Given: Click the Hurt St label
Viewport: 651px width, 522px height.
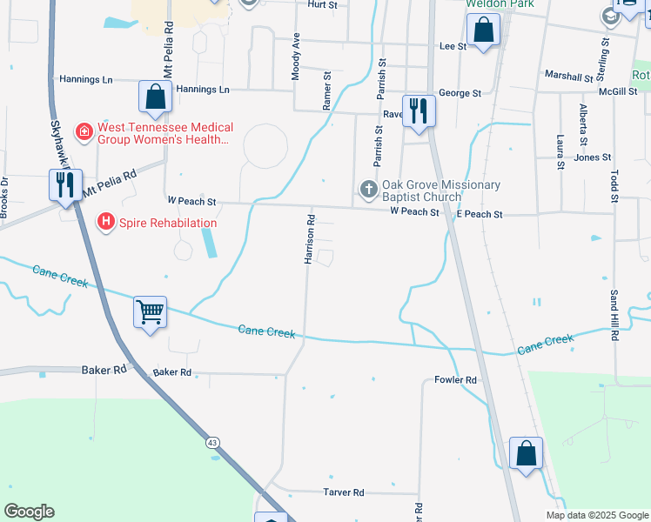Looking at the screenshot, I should pyautogui.click(x=322, y=4).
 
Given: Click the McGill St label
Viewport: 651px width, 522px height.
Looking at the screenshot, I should pyautogui.click(x=618, y=91).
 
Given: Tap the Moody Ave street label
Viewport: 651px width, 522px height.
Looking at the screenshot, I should pyautogui.click(x=296, y=57).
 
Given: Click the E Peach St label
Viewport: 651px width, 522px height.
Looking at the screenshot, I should pyautogui.click(x=480, y=214).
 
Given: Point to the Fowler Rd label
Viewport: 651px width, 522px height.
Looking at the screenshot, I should pyautogui.click(x=456, y=380).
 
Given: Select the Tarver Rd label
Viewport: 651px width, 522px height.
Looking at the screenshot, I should pyautogui.click(x=344, y=492).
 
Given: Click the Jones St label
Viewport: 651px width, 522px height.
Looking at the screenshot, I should pyautogui.click(x=593, y=157).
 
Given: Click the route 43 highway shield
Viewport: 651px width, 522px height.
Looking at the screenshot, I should pyautogui.click(x=212, y=444).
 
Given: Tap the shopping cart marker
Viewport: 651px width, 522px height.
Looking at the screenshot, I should pyautogui.click(x=151, y=311).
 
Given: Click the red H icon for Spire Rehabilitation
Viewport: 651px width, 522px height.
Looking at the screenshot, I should pyautogui.click(x=106, y=223).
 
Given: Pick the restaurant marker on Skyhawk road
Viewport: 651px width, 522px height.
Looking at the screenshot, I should pyautogui.click(x=65, y=185).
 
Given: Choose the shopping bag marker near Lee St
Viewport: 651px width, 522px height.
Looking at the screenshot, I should pyautogui.click(x=483, y=31).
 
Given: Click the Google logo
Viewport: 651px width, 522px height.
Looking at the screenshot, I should pyautogui.click(x=29, y=512).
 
